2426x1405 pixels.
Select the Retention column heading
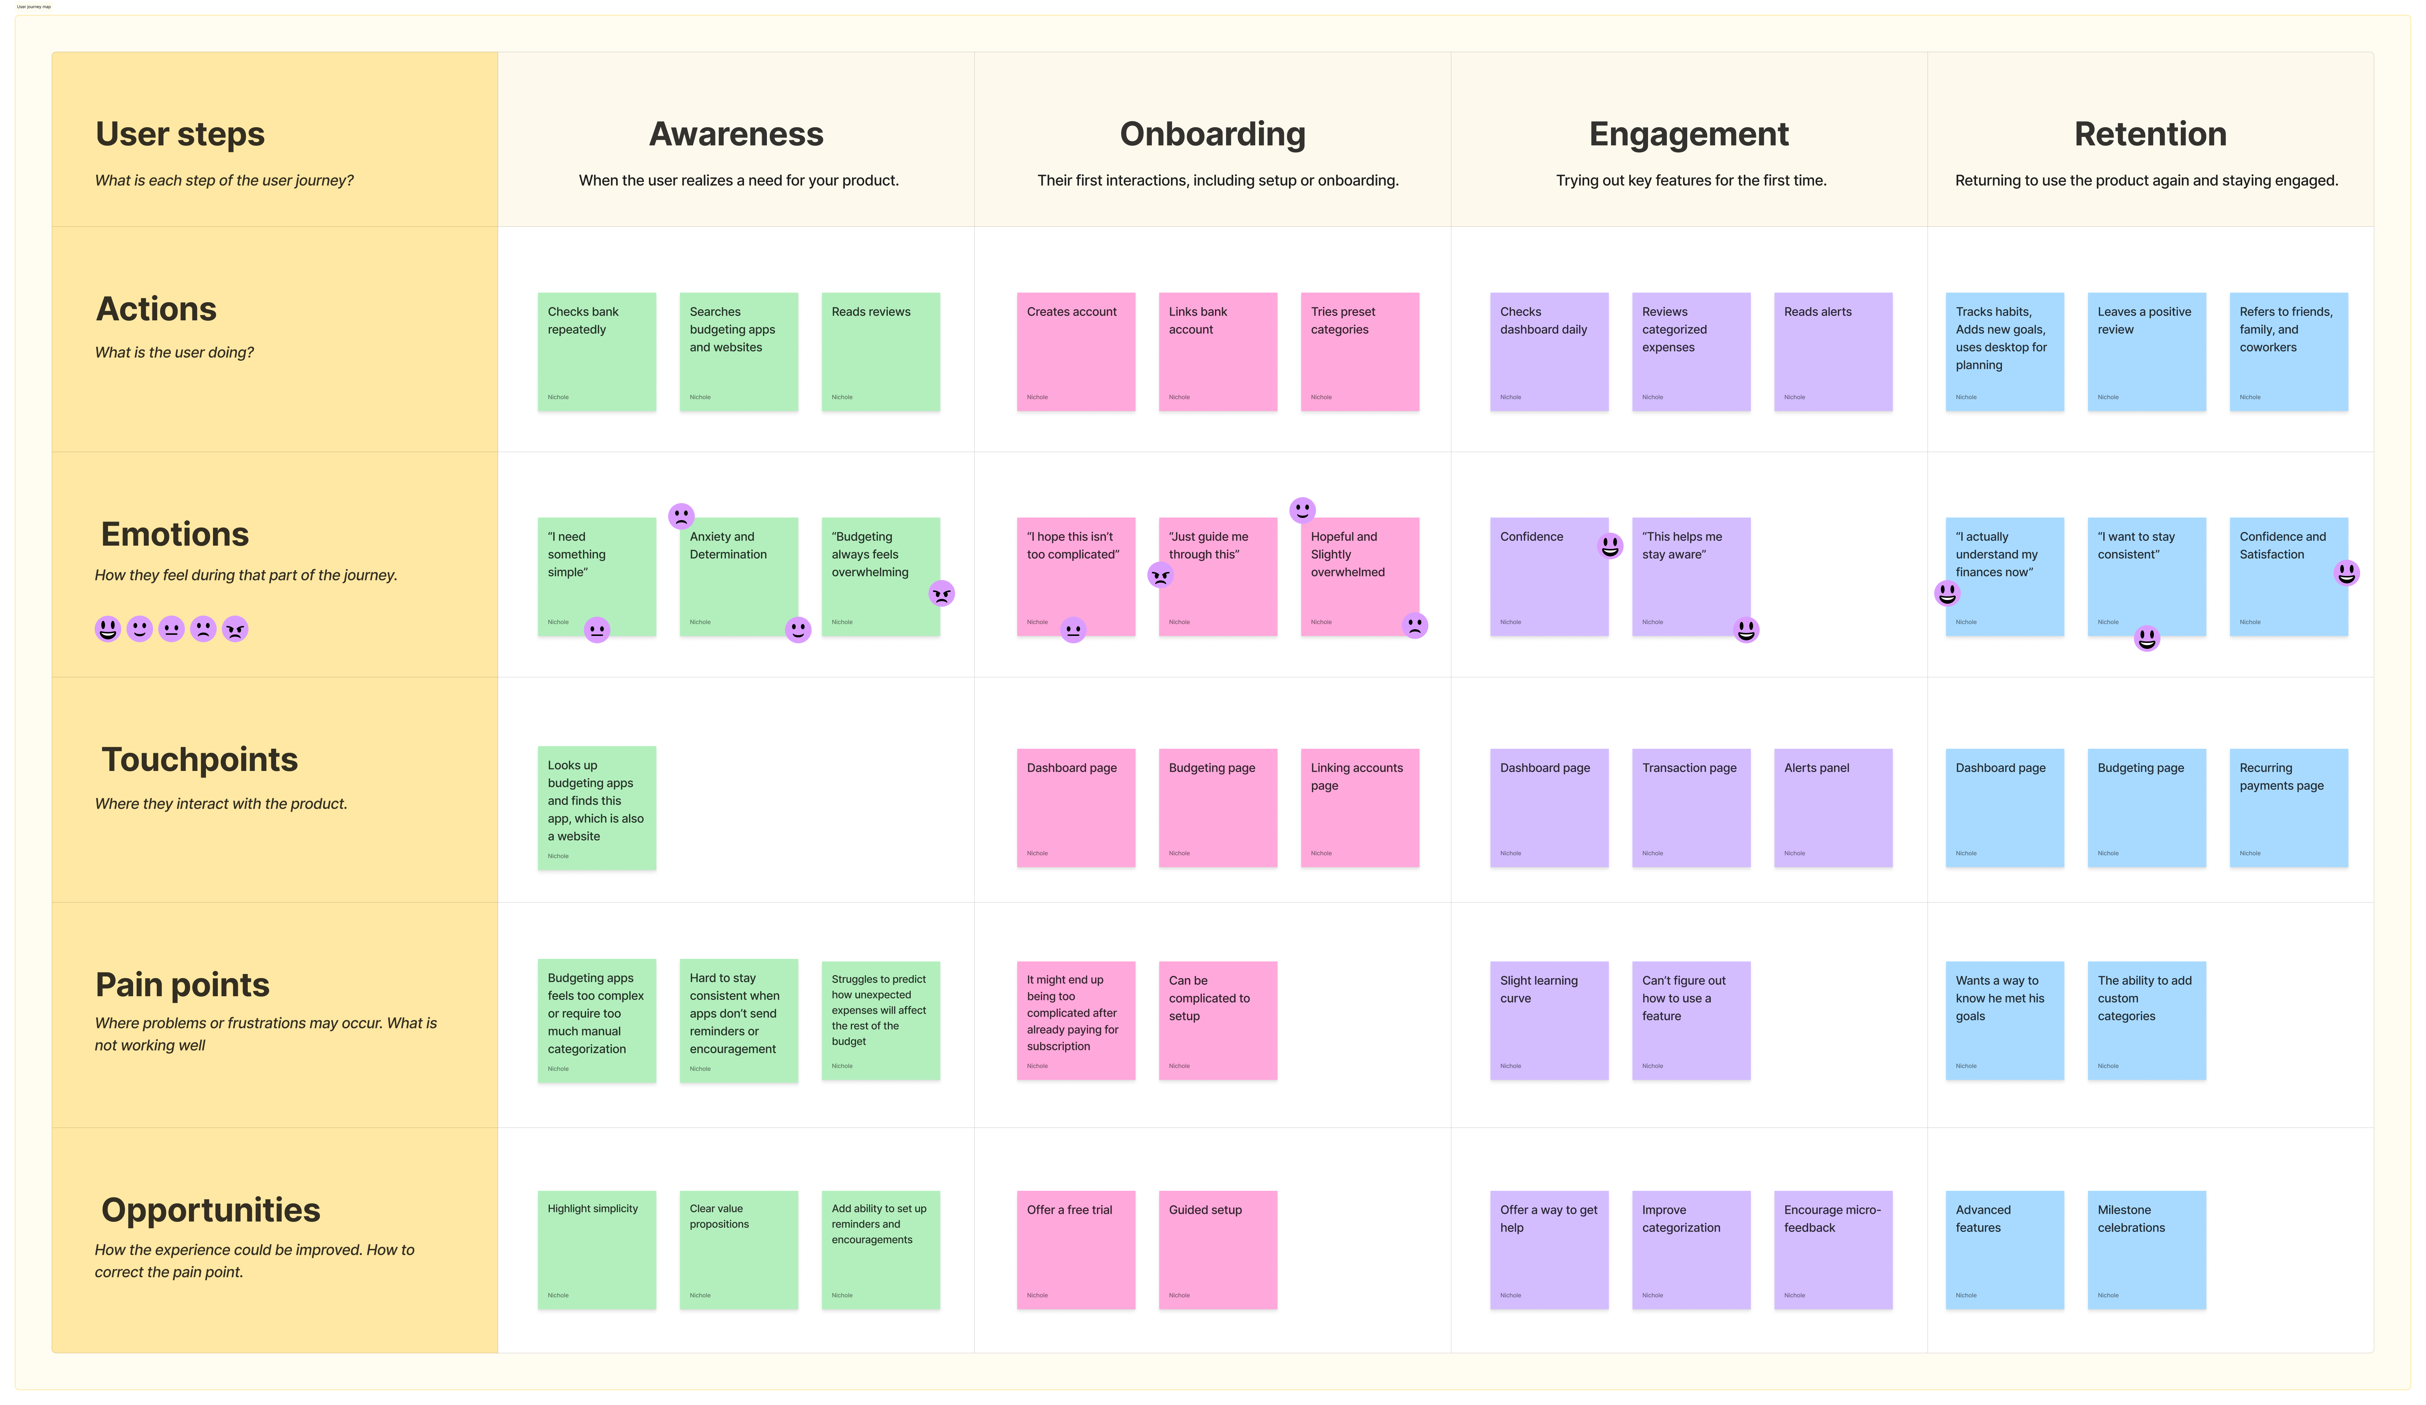[2150, 134]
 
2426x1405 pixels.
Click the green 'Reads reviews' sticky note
[880, 351]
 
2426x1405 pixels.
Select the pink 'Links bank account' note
[1217, 351]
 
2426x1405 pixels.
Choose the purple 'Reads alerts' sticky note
[1832, 351]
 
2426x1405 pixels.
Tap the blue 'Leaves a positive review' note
[2146, 351]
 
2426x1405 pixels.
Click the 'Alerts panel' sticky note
[1832, 807]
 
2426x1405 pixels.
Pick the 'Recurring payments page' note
[2287, 807]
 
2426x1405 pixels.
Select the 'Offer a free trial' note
[1075, 1249]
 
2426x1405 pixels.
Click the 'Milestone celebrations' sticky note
[2146, 1249]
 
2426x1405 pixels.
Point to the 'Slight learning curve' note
[1548, 1020]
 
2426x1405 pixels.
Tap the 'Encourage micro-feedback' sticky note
[1832, 1249]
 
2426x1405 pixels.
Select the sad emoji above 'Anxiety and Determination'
[681, 515]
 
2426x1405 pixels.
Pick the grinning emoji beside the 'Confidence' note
[1610, 546]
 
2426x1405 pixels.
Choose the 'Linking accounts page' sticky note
[1359, 807]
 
